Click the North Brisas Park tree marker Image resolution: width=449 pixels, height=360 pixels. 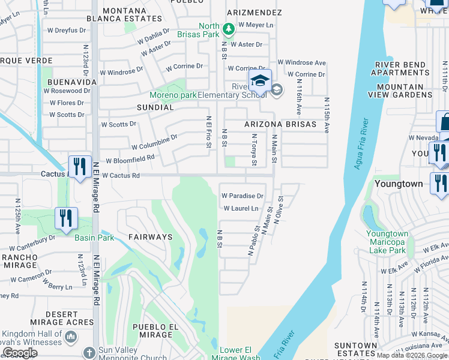point(228,28)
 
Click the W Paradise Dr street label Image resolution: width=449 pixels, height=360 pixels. point(243,196)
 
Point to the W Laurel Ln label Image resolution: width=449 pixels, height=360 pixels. point(241,209)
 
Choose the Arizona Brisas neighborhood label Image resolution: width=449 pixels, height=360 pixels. point(280,124)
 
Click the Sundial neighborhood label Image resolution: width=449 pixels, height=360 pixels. point(155,107)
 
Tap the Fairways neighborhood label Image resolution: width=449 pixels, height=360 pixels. point(150,237)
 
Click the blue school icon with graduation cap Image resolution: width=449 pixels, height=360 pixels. point(261,80)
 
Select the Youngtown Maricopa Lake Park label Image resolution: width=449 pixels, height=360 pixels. point(387,242)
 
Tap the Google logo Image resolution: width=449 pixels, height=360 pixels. point(20,353)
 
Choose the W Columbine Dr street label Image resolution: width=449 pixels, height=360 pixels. point(154,142)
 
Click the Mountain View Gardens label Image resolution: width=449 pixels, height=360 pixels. point(400,91)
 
